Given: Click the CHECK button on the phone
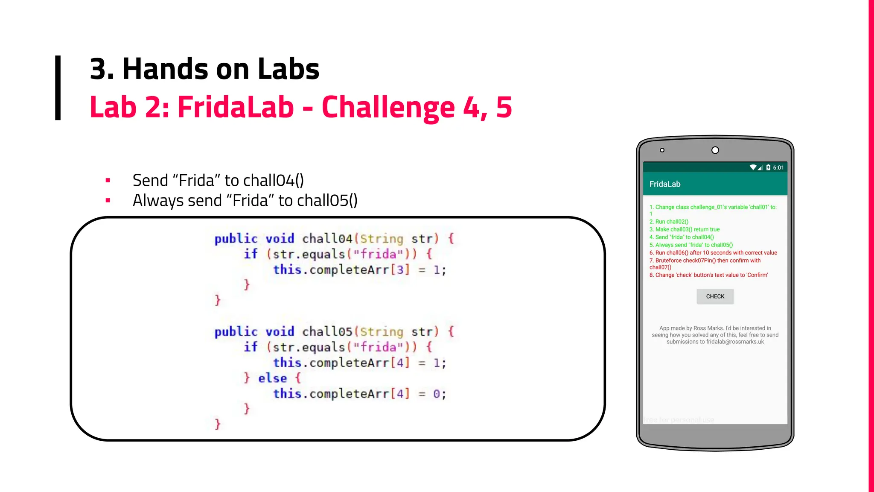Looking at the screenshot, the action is [715, 296].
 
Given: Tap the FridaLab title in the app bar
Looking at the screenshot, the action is [665, 184].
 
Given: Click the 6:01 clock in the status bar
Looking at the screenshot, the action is [778, 167].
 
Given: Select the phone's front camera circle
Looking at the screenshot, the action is [715, 150].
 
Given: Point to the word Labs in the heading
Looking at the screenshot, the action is [288, 69].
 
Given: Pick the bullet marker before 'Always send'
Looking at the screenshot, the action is [108, 200].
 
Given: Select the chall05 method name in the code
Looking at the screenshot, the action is [327, 332].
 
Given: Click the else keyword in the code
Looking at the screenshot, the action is [272, 378].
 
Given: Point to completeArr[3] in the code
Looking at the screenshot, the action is [360, 270].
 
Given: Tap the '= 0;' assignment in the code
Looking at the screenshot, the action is [432, 394].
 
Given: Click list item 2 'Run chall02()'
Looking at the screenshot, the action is [669, 222].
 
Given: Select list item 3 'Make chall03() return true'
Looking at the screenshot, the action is [685, 229].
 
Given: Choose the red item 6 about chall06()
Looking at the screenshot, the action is [713, 253].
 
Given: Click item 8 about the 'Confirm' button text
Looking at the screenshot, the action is [708, 275].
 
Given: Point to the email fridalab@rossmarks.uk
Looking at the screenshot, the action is [735, 342].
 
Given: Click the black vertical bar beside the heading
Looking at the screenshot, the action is [58, 88].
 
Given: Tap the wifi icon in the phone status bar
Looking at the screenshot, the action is [753, 167].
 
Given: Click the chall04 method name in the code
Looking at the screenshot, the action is [327, 239].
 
